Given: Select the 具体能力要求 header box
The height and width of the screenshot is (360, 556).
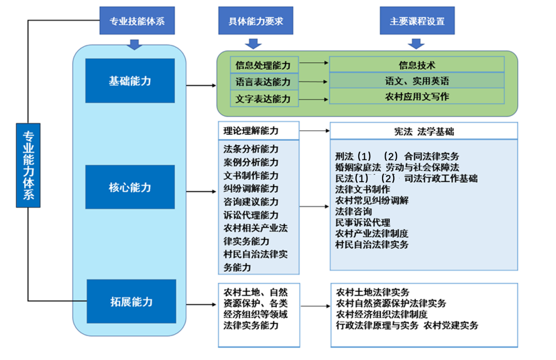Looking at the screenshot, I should point(255,21).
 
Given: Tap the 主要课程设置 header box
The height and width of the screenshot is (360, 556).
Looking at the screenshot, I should point(417,21).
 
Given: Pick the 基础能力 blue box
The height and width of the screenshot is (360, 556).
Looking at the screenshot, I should point(130,81).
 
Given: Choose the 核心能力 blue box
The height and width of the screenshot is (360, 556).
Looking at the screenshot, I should point(130,187).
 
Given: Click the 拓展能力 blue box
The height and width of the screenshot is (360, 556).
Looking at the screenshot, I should point(131,301).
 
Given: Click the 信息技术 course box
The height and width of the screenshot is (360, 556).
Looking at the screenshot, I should point(417,65).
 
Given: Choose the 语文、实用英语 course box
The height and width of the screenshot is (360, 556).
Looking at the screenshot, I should point(417,81).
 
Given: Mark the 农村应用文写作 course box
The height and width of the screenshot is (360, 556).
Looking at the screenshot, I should point(417,96).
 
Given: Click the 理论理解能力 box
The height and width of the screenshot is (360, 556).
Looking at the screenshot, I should point(259,131).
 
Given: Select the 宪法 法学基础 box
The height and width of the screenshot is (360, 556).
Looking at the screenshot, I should point(423,131).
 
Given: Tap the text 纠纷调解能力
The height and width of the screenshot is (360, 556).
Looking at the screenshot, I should point(251,188).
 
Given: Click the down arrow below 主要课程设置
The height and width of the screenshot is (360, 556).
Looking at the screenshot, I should point(416,43).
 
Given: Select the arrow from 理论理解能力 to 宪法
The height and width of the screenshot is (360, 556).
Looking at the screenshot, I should point(314,131).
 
